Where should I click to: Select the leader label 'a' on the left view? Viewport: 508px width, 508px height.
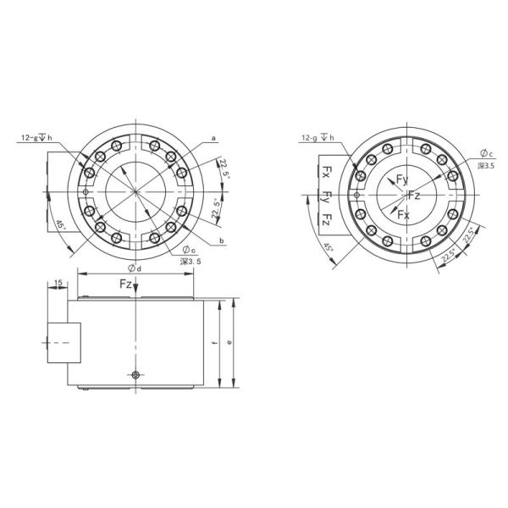point(213,137)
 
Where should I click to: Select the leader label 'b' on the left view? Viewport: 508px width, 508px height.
point(221,241)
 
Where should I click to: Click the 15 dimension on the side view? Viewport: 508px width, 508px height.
point(58,282)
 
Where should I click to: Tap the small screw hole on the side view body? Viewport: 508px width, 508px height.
point(135,373)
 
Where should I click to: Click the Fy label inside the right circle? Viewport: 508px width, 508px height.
point(403,179)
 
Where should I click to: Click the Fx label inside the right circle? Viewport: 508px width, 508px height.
point(404,215)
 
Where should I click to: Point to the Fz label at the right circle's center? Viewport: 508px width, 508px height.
point(414,196)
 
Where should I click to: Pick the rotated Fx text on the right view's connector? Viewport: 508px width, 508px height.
point(326,174)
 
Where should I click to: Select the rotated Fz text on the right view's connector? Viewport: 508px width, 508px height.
point(326,219)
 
